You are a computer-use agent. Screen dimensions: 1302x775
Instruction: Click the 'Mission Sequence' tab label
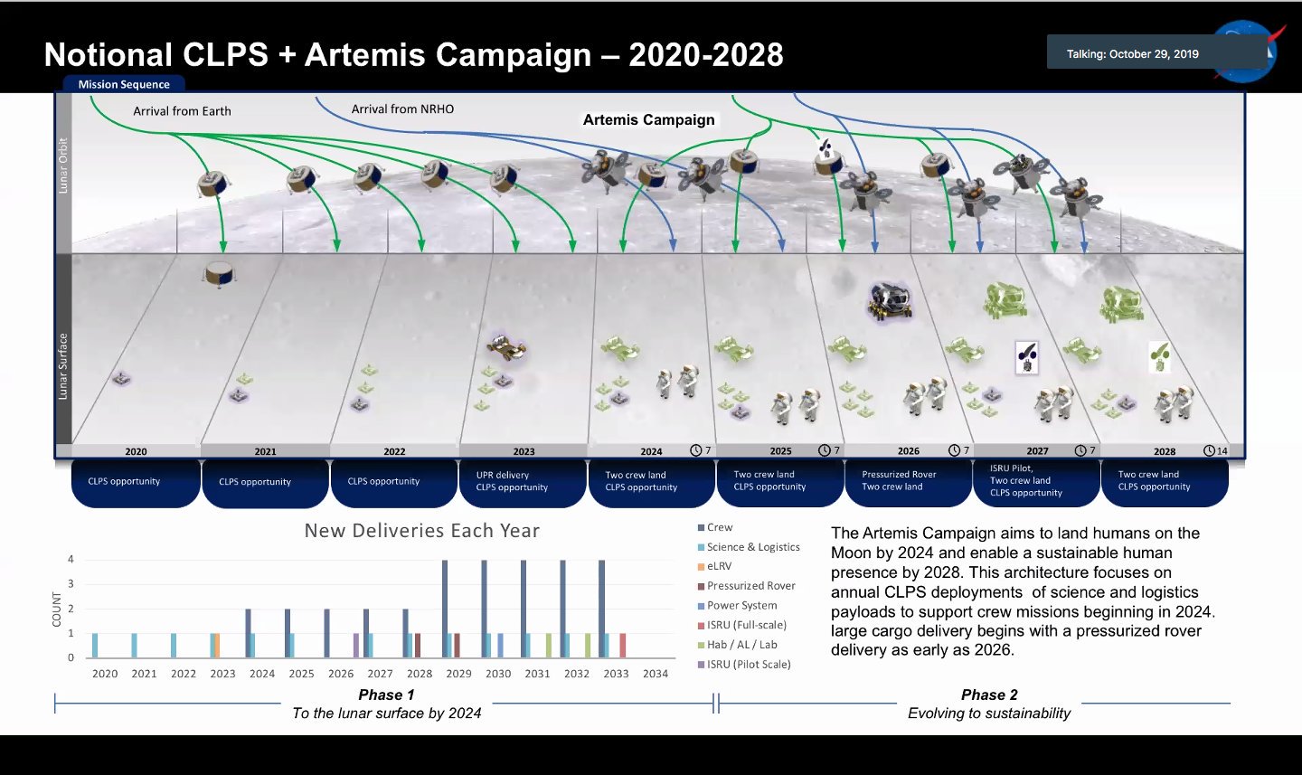point(124,84)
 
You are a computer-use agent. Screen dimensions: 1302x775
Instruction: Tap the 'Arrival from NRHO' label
point(402,109)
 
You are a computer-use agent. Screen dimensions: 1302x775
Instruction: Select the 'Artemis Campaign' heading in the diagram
point(648,119)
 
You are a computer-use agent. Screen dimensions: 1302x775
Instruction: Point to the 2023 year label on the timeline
point(524,451)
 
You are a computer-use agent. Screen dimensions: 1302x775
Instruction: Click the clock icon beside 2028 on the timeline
point(1208,450)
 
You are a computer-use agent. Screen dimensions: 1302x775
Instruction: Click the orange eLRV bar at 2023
point(217,646)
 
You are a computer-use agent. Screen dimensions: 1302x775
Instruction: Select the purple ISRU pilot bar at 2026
point(355,646)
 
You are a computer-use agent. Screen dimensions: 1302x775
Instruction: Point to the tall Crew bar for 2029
point(445,610)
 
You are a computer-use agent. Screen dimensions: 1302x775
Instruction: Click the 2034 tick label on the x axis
point(655,674)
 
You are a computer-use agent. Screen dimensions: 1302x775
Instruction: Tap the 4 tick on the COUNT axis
point(71,559)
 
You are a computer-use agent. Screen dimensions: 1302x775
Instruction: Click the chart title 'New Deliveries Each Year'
point(422,531)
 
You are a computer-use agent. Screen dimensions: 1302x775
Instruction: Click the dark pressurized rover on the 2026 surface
point(890,301)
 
